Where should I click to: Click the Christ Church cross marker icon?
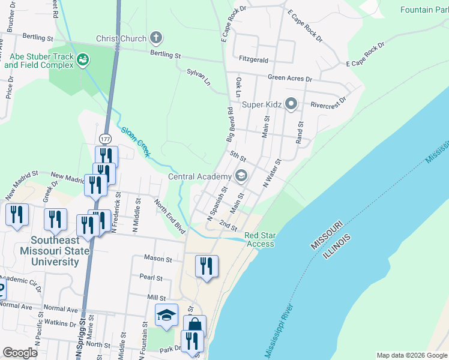(x=156, y=38)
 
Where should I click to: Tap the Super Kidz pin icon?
(x=291, y=104)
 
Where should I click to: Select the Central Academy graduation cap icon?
(x=241, y=176)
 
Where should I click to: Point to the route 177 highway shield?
(x=106, y=139)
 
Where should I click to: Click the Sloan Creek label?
(x=135, y=142)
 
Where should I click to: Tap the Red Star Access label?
(x=259, y=239)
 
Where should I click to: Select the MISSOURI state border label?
(x=327, y=236)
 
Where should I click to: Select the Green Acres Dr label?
(x=290, y=79)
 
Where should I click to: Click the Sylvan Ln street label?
(x=199, y=76)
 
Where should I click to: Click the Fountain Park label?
(x=425, y=10)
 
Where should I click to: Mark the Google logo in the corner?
(x=20, y=353)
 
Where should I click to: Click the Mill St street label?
(x=156, y=297)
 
